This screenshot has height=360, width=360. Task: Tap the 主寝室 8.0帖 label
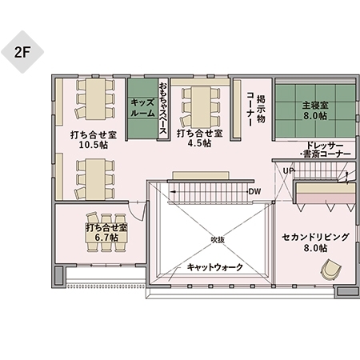(x=314, y=110)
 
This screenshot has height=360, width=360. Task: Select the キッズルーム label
(x=142, y=108)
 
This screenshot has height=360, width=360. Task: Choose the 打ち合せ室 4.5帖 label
(x=198, y=138)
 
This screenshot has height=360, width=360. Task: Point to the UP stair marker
(x=286, y=170)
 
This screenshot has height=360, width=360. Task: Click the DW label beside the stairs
(x=255, y=191)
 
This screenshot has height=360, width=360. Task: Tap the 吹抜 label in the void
(x=218, y=239)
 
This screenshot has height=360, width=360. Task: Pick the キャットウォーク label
(x=214, y=267)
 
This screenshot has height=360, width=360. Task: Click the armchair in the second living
(x=328, y=271)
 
